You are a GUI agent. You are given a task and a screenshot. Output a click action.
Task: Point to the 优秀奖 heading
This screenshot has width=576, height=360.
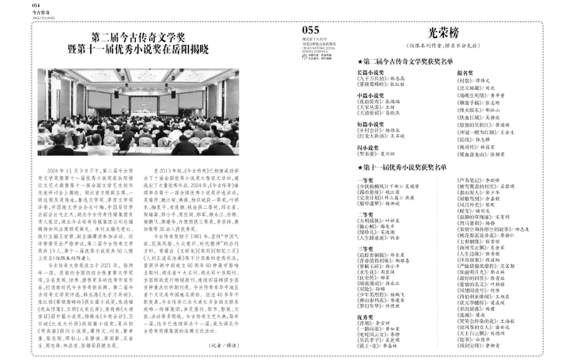[x=365, y=317]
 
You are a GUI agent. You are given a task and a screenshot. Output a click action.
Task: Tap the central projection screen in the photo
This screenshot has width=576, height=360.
[x=138, y=98]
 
